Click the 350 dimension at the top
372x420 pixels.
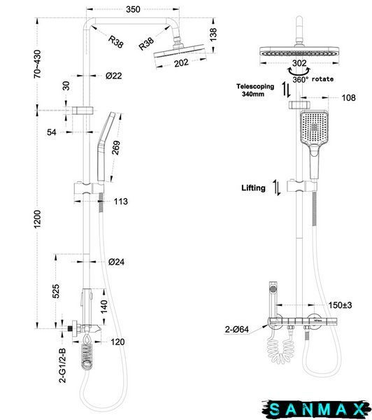tap(133, 9)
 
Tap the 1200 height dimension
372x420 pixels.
tap(38, 219)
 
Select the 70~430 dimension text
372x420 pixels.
tap(38, 64)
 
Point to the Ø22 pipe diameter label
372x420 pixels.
tap(114, 76)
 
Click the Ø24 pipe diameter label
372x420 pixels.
tap(116, 262)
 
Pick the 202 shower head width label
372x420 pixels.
tap(181, 63)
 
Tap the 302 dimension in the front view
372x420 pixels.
tap(299, 63)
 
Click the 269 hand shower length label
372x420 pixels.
tap(116, 148)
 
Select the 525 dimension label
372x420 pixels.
tap(56, 291)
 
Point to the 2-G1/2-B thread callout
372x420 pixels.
tap(62, 365)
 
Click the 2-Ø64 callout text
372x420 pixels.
tap(236, 329)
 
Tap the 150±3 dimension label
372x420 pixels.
tap(340, 304)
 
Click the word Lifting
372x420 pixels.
tap(253, 188)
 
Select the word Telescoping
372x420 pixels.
tap(255, 87)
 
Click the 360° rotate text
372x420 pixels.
tap(313, 79)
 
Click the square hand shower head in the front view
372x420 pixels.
tap(314, 128)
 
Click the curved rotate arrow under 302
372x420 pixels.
tap(299, 72)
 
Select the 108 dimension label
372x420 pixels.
tap(349, 98)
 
